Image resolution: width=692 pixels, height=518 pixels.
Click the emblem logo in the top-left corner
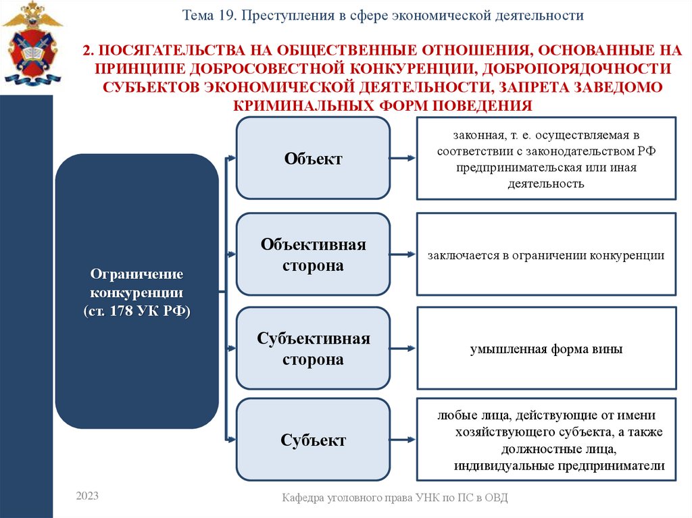pyautogui.click(x=32, y=43)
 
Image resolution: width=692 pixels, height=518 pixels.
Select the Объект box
pyautogui.click(x=313, y=159)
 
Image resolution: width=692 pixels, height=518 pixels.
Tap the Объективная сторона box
pyautogui.click(x=313, y=255)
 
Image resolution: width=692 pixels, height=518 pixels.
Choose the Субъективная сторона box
pyautogui.click(x=313, y=349)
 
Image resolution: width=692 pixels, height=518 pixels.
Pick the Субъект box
pyautogui.click(x=313, y=440)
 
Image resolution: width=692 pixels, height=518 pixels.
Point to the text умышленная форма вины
pyautogui.click(x=546, y=350)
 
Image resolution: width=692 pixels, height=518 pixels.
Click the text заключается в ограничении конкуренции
pyautogui.click(x=546, y=256)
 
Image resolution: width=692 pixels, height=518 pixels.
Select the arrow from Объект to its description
pyautogui.click(x=403, y=159)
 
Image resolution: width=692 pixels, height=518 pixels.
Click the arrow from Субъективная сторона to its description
pyautogui.click(x=403, y=349)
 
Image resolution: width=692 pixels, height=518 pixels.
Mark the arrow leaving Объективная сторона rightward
pyautogui.click(x=403, y=255)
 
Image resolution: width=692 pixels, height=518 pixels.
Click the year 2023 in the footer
pyautogui.click(x=87, y=496)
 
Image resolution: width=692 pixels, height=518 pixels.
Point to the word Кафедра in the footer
pyautogui.click(x=305, y=498)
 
